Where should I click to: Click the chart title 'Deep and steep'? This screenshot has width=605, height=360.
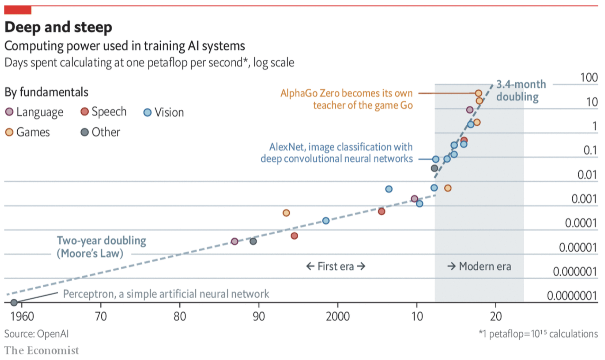tap(58, 27)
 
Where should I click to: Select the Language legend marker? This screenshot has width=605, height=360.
tap(9, 112)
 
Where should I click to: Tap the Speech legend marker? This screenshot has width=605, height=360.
tap(84, 111)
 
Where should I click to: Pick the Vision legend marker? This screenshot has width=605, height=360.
tap(147, 112)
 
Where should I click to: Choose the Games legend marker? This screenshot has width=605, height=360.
tap(9, 132)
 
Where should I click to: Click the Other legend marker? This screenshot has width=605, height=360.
tap(84, 132)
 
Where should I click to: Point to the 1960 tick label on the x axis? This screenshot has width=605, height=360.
tap(22, 316)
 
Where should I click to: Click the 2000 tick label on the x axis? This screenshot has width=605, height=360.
tap(337, 316)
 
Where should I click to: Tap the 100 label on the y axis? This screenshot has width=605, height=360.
tap(589, 77)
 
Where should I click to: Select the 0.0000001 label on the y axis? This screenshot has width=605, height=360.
tap(572, 296)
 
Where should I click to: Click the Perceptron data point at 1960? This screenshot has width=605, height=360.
tap(14, 303)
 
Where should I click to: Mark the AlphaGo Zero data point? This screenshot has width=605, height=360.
tap(478, 93)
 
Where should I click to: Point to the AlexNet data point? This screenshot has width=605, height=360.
tap(436, 159)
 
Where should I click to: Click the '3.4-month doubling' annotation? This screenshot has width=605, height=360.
tap(521, 90)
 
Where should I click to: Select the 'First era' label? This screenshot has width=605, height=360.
tap(336, 266)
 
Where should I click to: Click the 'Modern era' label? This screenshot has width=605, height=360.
tap(479, 266)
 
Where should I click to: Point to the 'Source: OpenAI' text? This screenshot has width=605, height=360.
tap(36, 334)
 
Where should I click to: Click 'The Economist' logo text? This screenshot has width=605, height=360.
tap(42, 350)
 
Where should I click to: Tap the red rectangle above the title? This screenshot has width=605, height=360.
tap(18, 10)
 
